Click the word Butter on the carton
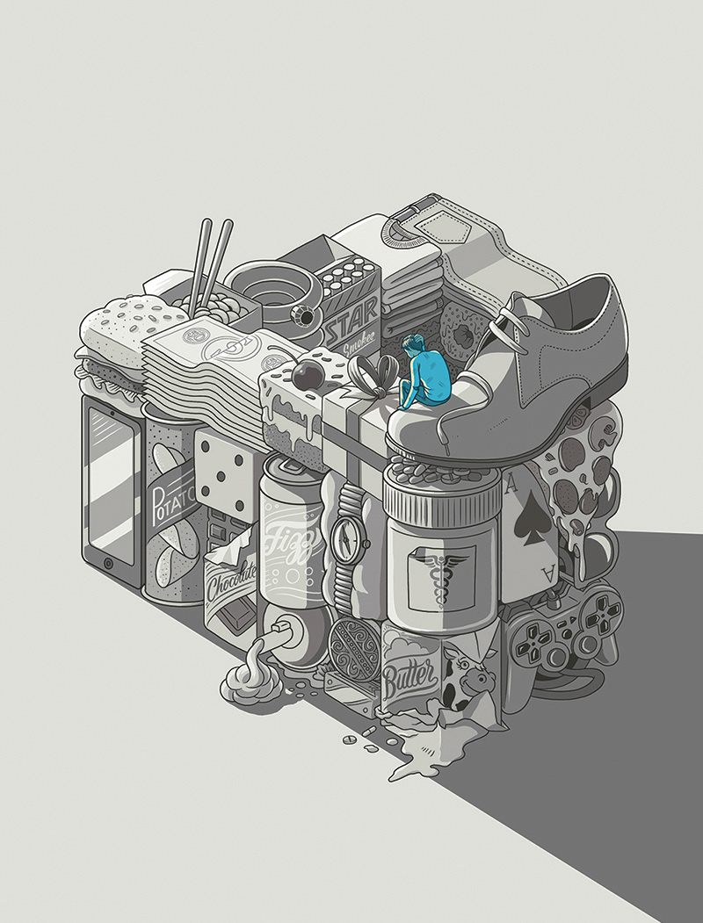[410, 675]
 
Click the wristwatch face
[347, 539]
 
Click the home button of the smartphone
[109, 563]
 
